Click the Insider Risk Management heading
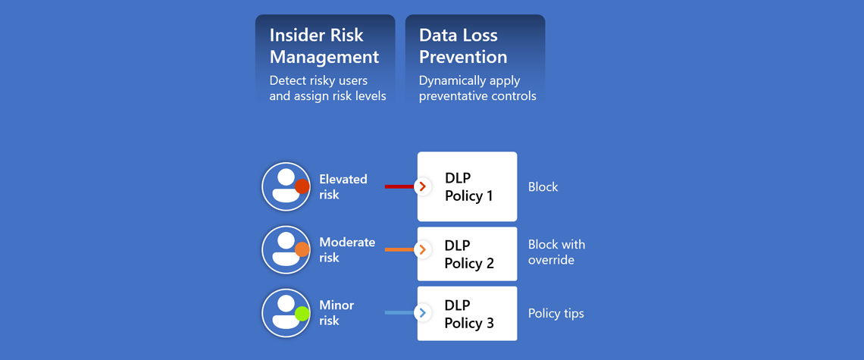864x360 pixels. [x=324, y=45]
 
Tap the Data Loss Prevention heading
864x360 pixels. [x=463, y=45]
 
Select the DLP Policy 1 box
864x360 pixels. [x=468, y=187]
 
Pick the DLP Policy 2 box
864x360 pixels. [x=468, y=254]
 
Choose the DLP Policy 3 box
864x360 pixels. [x=468, y=313]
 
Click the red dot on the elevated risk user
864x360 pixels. [x=302, y=187]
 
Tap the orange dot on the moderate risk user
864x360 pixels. [x=302, y=250]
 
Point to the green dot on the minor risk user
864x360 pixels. [x=302, y=314]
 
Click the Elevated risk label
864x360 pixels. [x=343, y=187]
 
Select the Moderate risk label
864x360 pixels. [x=347, y=250]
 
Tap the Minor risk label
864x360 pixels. [x=337, y=312]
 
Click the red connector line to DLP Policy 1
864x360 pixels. [x=399, y=187]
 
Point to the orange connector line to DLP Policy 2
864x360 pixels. [x=399, y=250]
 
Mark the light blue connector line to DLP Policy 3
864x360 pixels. [x=399, y=313]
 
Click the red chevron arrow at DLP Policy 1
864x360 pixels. [x=423, y=187]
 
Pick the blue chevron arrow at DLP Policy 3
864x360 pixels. [x=423, y=313]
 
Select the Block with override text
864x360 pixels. [x=556, y=252]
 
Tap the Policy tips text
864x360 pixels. [x=556, y=314]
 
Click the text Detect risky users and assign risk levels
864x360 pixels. [x=327, y=88]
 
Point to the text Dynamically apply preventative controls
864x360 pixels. [x=477, y=88]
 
